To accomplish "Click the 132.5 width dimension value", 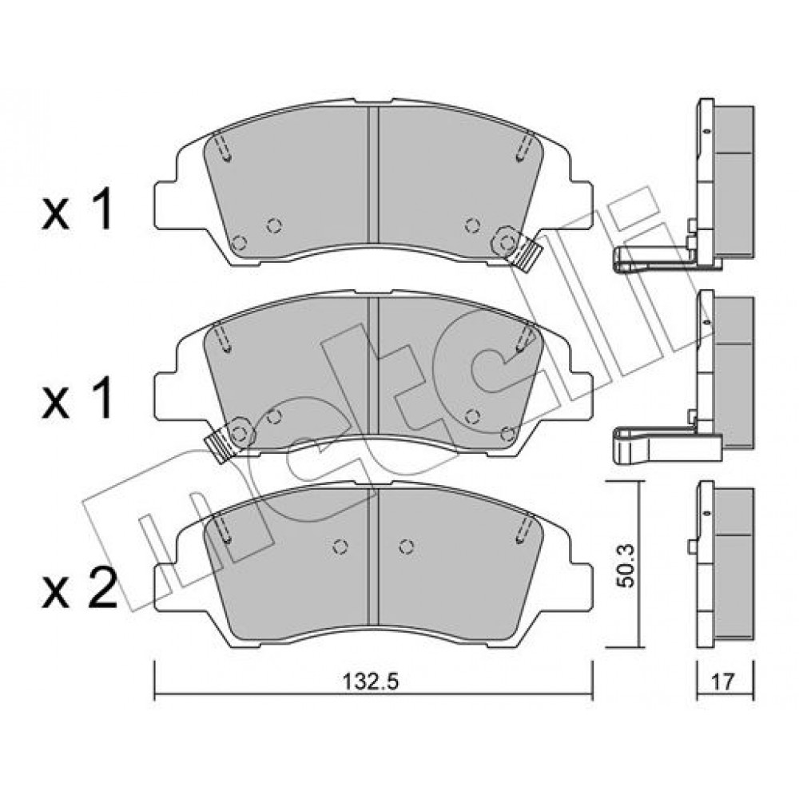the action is pos(371,682).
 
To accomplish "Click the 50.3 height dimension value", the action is pos(626,565).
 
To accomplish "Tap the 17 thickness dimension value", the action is pos(723,682).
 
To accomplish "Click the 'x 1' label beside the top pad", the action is pos(77,209).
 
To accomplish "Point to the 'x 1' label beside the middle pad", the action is pos(77,399).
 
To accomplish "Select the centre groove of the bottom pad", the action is pos(373,557).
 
